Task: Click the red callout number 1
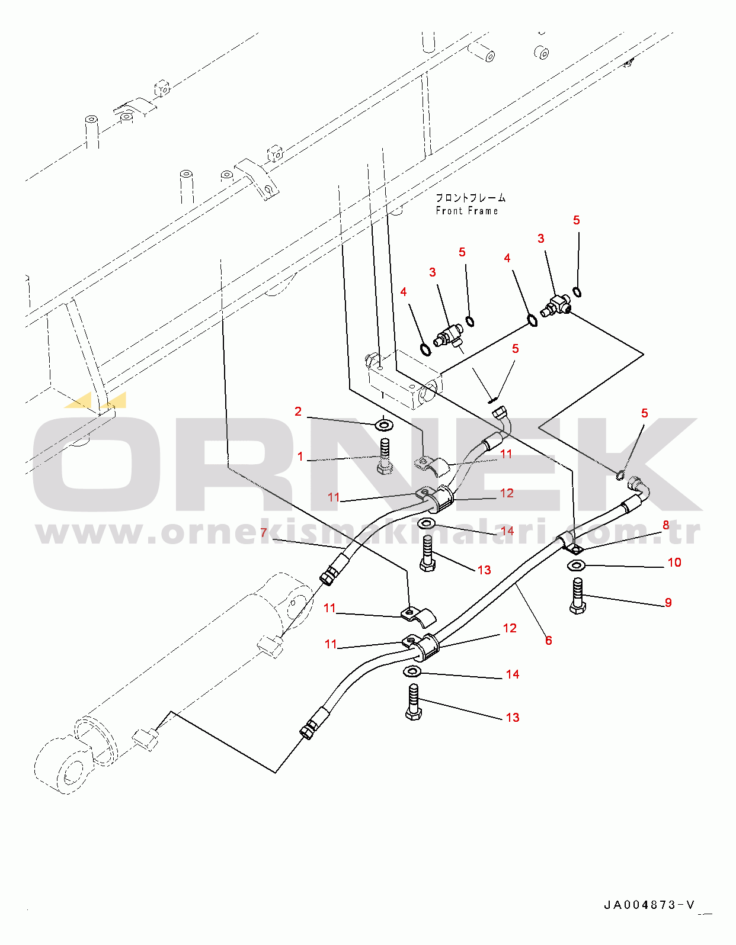[300, 456]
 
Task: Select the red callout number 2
[298, 412]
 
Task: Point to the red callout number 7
[263, 532]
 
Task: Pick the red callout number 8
[666, 525]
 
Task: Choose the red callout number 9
[668, 602]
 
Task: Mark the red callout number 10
[674, 562]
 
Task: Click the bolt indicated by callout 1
[384, 457]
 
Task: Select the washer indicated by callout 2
[383, 424]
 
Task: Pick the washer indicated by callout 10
[576, 565]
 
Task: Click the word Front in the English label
[449, 211]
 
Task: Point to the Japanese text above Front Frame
[471, 198]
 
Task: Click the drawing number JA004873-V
[649, 905]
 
